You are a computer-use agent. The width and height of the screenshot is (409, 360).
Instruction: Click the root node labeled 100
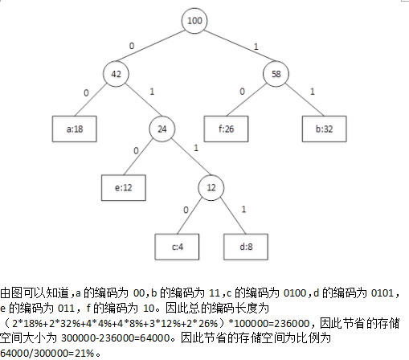click(x=194, y=21)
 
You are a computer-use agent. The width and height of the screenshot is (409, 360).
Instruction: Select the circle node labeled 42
click(x=116, y=74)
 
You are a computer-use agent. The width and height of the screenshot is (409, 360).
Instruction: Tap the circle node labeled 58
click(x=276, y=74)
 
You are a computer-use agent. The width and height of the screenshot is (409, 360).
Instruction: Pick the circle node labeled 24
click(x=162, y=129)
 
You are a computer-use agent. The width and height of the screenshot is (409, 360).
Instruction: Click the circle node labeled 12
click(x=211, y=187)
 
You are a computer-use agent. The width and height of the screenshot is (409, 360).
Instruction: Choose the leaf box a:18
click(x=75, y=129)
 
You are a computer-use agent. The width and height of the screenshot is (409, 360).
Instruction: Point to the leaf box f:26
click(x=226, y=129)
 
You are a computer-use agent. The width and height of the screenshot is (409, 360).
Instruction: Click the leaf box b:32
click(x=325, y=129)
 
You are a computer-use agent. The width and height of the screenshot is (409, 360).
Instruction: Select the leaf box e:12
click(x=124, y=188)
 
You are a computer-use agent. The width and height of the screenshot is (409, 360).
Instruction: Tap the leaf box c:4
click(x=177, y=247)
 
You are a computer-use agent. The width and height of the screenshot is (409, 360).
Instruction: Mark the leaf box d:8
click(x=246, y=247)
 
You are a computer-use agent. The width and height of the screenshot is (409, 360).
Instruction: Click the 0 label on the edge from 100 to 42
click(x=132, y=46)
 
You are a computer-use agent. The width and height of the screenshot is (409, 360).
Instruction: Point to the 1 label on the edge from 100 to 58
click(x=256, y=47)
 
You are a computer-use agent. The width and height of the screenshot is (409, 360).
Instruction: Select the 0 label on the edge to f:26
click(x=242, y=92)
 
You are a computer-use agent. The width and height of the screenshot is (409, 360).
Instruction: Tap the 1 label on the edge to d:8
click(x=243, y=209)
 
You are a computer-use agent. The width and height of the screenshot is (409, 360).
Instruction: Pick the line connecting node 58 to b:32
click(x=305, y=100)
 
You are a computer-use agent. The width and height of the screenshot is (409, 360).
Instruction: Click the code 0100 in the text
click(x=295, y=293)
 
